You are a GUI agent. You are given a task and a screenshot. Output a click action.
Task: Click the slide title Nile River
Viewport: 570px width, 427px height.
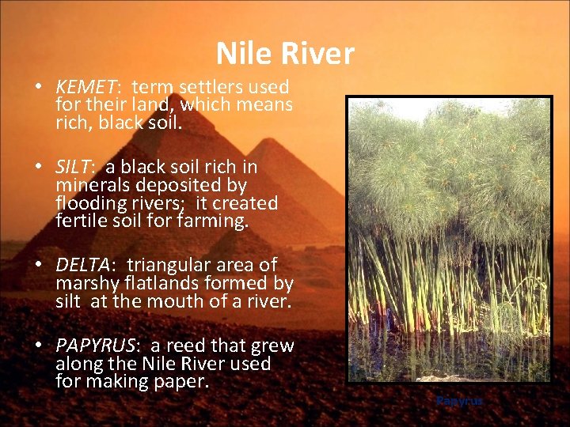285,54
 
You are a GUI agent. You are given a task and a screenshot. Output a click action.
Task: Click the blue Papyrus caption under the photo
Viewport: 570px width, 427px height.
459,401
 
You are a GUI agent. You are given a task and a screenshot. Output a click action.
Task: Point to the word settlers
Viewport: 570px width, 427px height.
219,87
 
